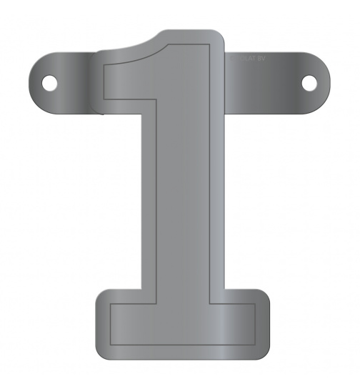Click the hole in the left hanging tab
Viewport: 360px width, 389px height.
coord(51,83)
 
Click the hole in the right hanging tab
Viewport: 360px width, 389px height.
coord(309,83)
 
